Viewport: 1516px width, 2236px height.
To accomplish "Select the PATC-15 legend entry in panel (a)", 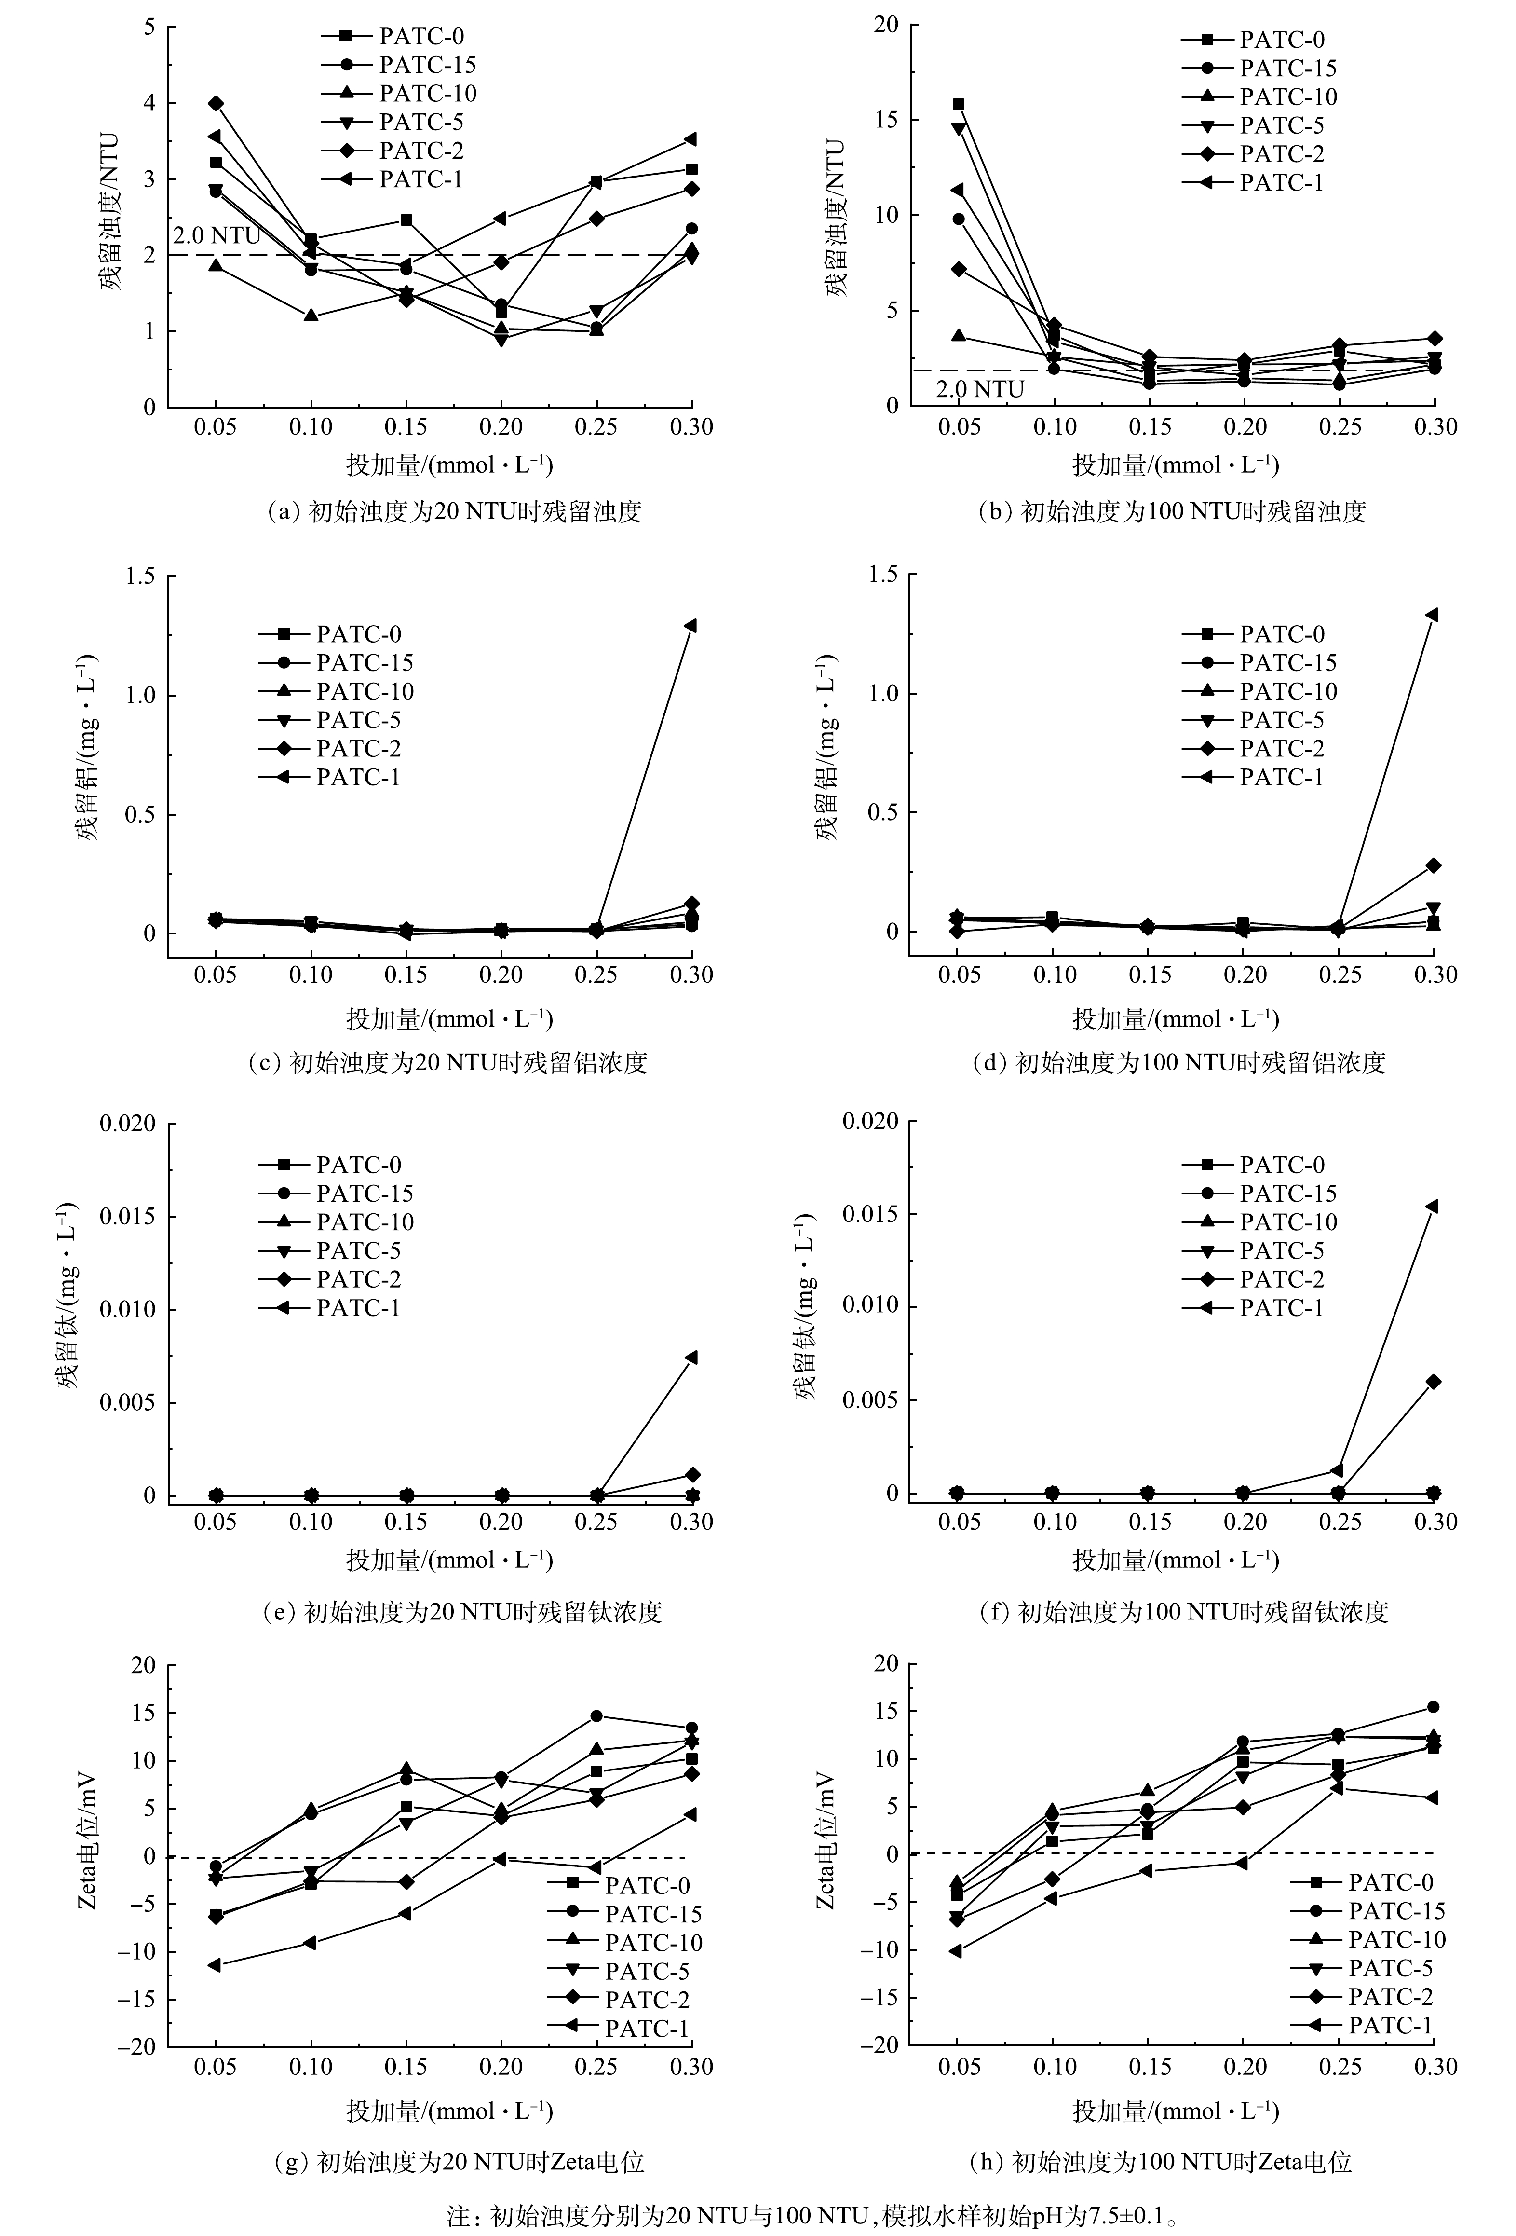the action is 399,66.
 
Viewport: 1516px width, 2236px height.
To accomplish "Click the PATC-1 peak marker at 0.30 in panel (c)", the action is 690,625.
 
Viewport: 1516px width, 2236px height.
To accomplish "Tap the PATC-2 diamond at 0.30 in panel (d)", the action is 1433,865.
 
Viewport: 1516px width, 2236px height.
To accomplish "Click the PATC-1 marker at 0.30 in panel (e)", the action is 690,1357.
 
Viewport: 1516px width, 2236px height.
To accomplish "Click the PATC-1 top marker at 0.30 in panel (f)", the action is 1431,1206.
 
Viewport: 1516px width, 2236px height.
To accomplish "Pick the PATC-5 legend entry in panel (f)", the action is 1253,1251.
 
